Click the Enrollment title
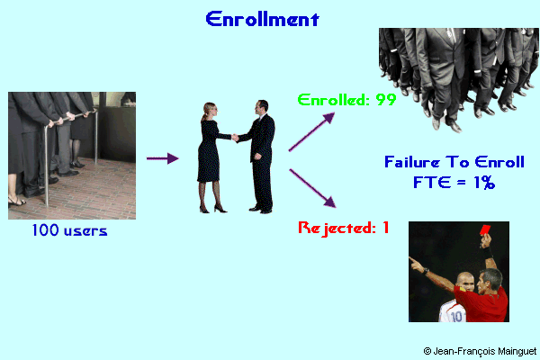coord(261,19)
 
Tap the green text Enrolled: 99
coord(346,100)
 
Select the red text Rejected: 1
coord(343,228)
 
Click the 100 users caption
coord(69,231)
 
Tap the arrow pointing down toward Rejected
coord(313,186)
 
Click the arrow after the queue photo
coord(163,159)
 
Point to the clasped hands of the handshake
coord(236,138)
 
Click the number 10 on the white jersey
coord(457,315)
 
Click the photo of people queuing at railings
coord(71,155)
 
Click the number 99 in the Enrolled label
coord(386,100)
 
